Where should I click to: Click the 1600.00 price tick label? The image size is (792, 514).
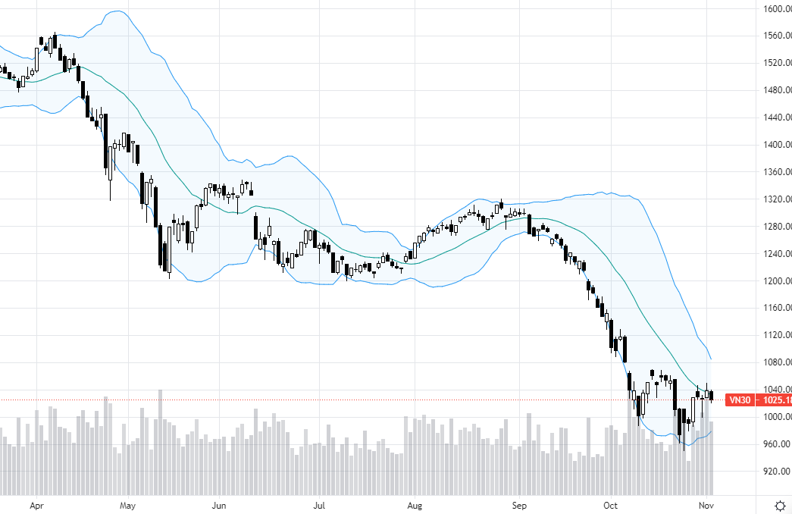tap(777, 8)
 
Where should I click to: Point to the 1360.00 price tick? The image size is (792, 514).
tap(777, 172)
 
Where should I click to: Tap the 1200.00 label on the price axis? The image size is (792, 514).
tap(777, 281)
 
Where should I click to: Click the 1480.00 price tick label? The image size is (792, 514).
tap(777, 90)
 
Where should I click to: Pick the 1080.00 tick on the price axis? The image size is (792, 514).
tap(777, 362)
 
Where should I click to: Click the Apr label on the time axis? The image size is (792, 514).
tap(36, 504)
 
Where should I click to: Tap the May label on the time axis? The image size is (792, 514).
tap(127, 504)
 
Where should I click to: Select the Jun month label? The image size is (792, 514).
tap(219, 504)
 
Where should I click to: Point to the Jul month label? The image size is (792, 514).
tap(319, 504)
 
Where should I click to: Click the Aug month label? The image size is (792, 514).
tap(414, 504)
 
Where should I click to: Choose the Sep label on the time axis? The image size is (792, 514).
tap(519, 504)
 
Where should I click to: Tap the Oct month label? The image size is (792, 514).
tap(611, 504)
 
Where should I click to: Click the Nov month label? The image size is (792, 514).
tap(706, 504)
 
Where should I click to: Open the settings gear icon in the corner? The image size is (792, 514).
tap(779, 504)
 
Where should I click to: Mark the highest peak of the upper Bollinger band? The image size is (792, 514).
tap(116, 11)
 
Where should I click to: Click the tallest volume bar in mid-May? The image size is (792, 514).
tap(161, 440)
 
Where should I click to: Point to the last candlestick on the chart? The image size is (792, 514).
tap(711, 395)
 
